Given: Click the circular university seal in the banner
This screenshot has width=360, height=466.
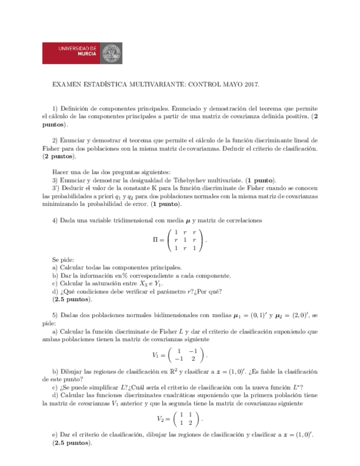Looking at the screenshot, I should click(115, 53).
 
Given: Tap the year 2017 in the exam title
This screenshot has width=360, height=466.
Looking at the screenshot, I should click(250, 85).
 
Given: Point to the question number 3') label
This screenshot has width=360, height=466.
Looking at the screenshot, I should click(56, 187).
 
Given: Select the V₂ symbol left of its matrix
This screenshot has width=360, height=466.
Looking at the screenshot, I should click(160, 418).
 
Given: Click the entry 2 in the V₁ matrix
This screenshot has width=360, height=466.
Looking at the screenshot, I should click(192, 358).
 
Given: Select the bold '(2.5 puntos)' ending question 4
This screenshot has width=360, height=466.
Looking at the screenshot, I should click(73, 299).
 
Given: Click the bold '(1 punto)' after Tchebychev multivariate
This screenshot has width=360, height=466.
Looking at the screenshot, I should click(261, 180).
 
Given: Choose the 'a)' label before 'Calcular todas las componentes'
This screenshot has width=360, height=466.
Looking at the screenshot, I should click(55, 267).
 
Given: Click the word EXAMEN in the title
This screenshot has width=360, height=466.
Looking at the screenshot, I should click(66, 85).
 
